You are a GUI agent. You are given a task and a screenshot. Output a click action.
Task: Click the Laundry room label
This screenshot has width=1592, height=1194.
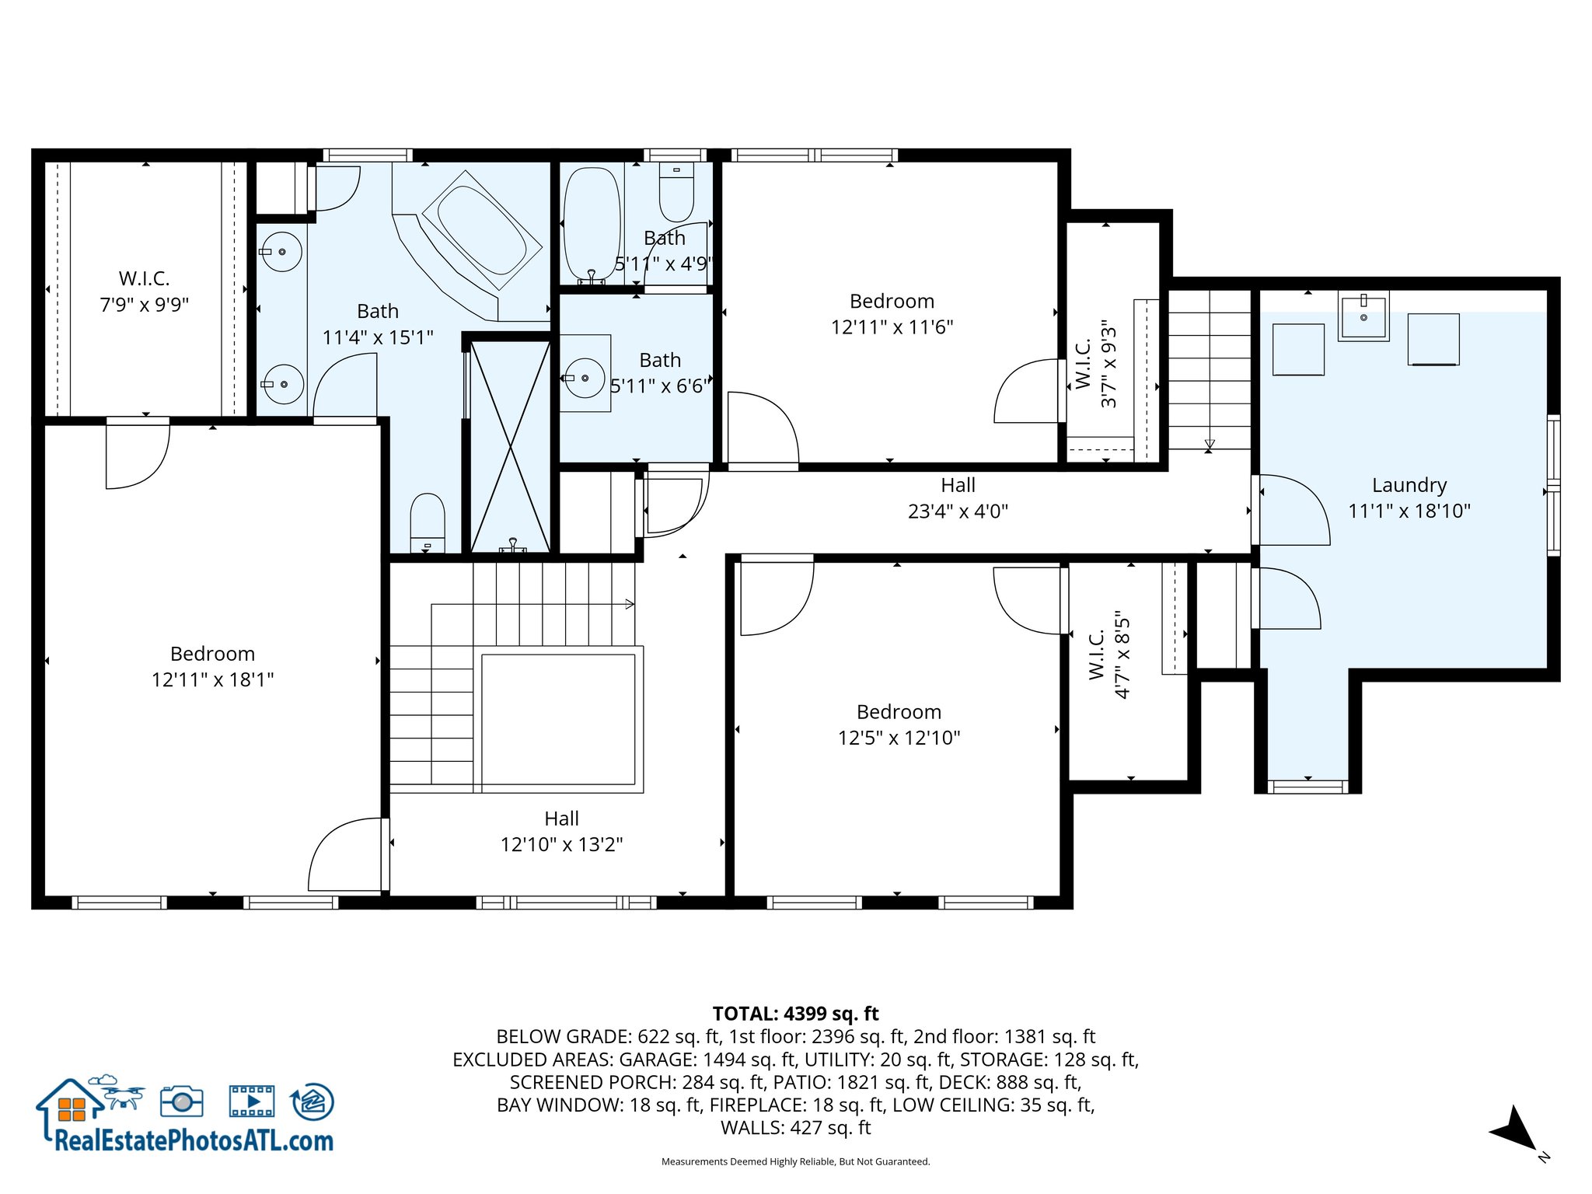pyautogui.click(x=1409, y=485)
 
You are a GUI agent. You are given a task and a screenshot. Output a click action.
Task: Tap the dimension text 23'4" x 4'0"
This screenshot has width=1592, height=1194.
pyautogui.click(x=958, y=511)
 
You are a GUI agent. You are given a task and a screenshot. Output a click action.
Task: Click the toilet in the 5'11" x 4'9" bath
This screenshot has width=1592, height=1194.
pyautogui.click(x=676, y=192)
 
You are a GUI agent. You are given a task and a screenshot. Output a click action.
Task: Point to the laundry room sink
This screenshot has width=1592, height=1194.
pyautogui.click(x=1363, y=317)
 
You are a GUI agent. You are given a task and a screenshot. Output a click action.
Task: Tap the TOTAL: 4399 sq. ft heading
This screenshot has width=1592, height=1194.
pyautogui.click(x=795, y=1014)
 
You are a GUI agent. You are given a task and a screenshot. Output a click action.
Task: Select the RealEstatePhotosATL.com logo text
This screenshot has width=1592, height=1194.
pyautogui.click(x=194, y=1140)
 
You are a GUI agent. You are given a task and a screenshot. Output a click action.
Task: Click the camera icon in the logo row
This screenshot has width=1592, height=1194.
pyautogui.click(x=182, y=1101)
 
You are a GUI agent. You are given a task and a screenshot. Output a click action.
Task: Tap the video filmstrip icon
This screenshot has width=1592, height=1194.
pyautogui.click(x=252, y=1101)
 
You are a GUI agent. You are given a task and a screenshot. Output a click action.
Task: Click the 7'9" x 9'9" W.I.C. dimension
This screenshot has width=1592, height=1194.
pyautogui.click(x=145, y=305)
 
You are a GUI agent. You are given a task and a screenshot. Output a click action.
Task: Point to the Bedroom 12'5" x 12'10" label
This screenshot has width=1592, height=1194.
pyautogui.click(x=899, y=724)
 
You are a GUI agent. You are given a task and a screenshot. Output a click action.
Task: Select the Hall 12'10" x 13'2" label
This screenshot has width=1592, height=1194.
pyautogui.click(x=561, y=831)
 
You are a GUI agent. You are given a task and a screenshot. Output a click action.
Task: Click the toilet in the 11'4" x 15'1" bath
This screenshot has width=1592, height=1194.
pyautogui.click(x=427, y=520)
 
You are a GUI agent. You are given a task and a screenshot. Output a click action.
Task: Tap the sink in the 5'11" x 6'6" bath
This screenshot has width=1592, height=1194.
pyautogui.click(x=585, y=378)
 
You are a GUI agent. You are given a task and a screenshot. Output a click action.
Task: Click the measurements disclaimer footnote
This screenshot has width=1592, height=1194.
pyautogui.click(x=795, y=1161)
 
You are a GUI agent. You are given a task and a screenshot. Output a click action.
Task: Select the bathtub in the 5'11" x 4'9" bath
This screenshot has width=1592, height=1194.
pyautogui.click(x=592, y=224)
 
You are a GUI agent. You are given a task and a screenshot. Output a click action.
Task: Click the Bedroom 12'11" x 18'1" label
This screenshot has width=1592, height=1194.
pyautogui.click(x=212, y=666)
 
